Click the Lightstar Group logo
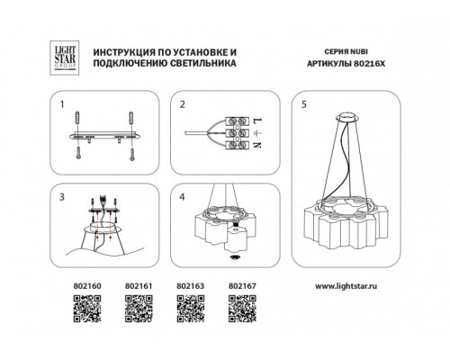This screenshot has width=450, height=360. click(x=64, y=58)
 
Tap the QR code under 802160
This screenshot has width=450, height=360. click(x=87, y=309)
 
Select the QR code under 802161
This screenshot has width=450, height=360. click(x=139, y=309)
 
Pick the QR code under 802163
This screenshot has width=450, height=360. click(x=191, y=309)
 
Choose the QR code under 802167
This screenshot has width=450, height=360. click(x=242, y=309)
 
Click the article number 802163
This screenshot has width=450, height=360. click(x=190, y=286)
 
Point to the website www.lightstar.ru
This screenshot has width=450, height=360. click(x=346, y=286)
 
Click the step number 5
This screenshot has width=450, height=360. click(x=304, y=104)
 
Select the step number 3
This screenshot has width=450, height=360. click(x=62, y=197)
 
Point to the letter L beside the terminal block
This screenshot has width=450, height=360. click(x=258, y=121)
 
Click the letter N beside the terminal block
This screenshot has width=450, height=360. click(x=257, y=145)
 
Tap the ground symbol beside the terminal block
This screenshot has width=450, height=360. click(x=257, y=132)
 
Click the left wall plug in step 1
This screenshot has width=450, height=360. click(x=78, y=118)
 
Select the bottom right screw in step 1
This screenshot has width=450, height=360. click(x=132, y=154)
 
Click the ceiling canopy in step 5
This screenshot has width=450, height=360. click(x=348, y=118)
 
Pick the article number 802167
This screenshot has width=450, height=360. click(x=242, y=286)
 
